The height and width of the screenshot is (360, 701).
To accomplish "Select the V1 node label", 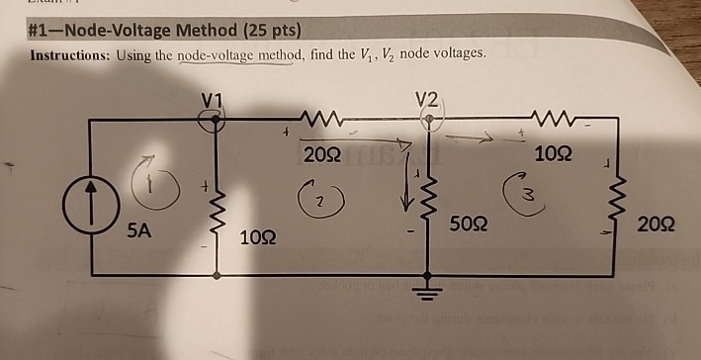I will point(212,100).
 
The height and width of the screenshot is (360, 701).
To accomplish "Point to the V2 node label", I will point(427,99).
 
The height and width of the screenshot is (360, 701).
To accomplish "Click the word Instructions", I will point(69,55).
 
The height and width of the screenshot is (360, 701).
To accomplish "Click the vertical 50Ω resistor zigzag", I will point(428,209).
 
